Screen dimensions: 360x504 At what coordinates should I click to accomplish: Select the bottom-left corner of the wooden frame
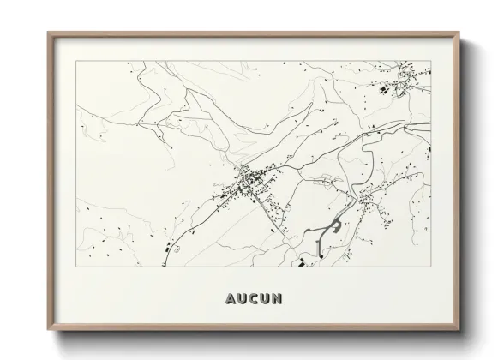[48, 329]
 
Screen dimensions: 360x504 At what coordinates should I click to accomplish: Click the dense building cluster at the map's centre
[244, 181]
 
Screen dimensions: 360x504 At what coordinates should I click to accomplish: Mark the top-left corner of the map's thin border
[76, 60]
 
